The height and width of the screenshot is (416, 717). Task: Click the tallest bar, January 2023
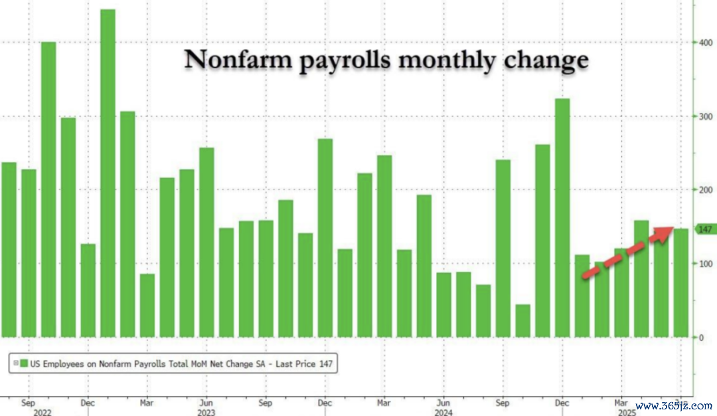(108, 173)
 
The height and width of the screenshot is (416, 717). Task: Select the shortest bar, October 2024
(522, 321)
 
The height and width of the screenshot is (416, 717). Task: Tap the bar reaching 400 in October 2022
(48, 189)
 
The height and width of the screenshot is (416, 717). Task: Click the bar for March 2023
(147, 306)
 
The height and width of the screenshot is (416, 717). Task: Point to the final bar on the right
(680, 283)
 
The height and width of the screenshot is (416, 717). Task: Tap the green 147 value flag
(704, 229)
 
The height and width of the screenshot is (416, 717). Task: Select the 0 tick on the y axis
(700, 338)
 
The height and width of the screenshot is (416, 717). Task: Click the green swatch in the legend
(24, 364)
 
